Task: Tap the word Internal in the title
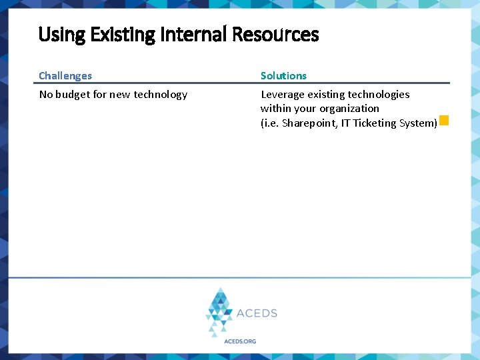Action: (x=191, y=35)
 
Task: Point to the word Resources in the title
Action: (x=275, y=35)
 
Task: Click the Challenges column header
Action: (x=65, y=76)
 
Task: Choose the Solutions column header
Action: (x=283, y=76)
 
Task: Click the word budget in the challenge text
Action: (x=73, y=95)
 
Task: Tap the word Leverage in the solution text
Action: (x=282, y=95)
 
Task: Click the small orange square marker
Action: (x=444, y=121)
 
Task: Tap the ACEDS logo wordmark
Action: (x=257, y=313)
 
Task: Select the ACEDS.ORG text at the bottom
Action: (x=239, y=341)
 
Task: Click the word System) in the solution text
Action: (x=419, y=123)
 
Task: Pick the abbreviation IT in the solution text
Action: (x=345, y=123)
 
